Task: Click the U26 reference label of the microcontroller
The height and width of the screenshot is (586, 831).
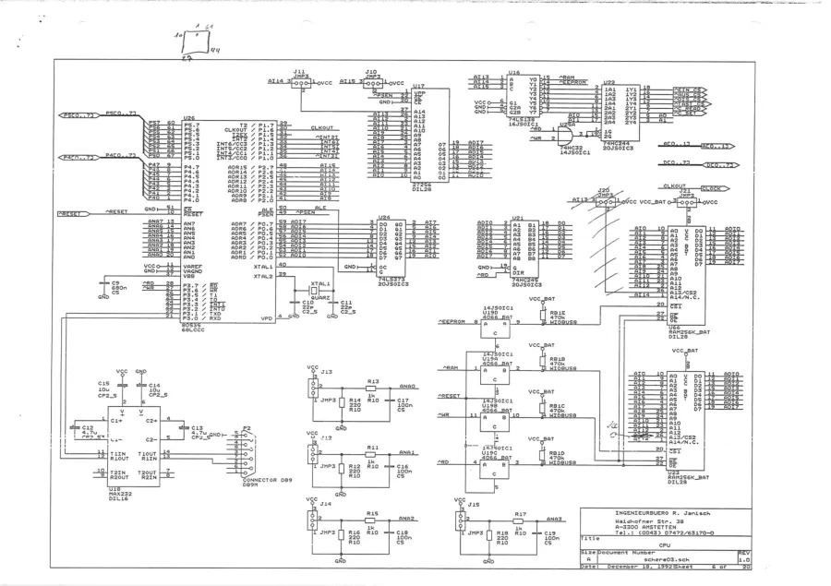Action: tap(189, 118)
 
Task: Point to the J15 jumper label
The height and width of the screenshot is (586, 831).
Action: tap(473, 504)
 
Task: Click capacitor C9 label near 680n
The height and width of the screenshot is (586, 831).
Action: tap(116, 283)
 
